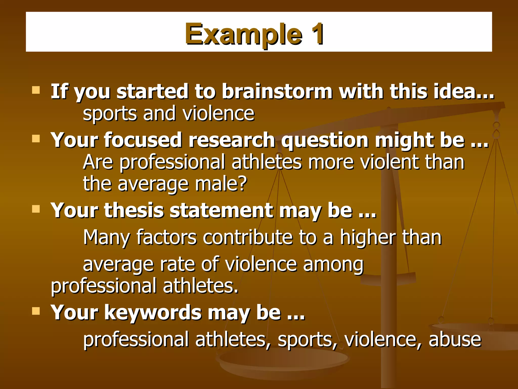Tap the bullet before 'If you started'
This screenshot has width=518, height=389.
coord(36,90)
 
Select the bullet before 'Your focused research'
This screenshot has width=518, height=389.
coord(36,139)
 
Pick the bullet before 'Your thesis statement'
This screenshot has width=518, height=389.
coord(36,209)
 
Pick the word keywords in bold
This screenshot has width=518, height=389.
coord(153,313)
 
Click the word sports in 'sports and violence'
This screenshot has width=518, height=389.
coord(110,114)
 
